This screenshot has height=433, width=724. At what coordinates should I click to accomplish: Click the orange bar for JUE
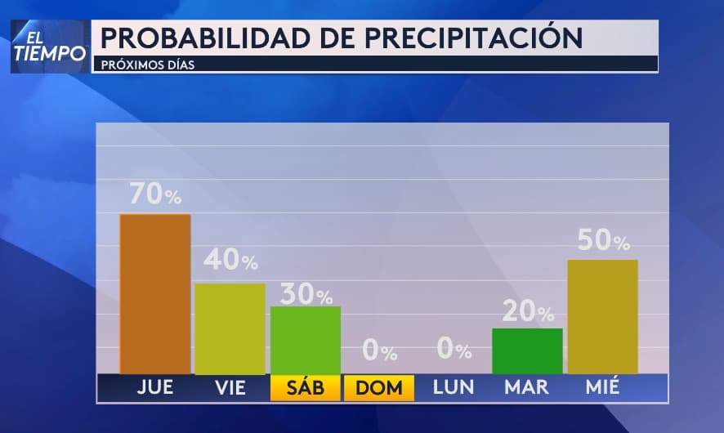point(155,293)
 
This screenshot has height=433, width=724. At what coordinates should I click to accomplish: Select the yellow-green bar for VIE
point(230,328)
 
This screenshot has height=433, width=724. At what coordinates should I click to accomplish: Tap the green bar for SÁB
point(305,340)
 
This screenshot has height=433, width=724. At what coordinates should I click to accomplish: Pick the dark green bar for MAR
point(527,350)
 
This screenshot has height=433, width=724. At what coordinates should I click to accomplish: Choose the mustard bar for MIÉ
point(602,316)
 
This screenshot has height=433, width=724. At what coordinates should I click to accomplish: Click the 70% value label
point(155,194)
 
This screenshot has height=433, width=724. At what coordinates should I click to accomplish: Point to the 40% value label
point(230,261)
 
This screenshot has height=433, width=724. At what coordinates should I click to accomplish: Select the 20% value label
point(528,311)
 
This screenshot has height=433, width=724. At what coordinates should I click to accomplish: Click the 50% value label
point(603,240)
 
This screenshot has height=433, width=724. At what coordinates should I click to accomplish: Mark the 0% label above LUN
point(454,350)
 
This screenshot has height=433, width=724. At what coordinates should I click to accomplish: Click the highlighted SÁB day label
point(305,388)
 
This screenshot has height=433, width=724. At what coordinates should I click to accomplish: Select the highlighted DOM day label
point(379,388)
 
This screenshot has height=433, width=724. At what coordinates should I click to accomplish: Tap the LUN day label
point(454,388)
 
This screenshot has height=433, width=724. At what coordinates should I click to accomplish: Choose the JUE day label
point(155,388)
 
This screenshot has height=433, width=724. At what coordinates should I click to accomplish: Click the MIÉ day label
point(602,388)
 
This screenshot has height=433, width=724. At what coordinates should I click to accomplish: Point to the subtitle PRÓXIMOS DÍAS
point(148,65)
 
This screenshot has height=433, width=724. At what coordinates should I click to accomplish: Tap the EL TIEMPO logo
point(49,46)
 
